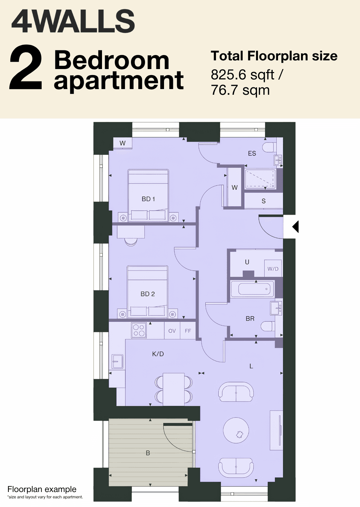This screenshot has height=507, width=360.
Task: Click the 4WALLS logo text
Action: [x=73, y=21]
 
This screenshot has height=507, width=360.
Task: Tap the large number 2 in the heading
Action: [x=26, y=67]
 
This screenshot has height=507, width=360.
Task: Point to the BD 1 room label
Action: [x=148, y=199]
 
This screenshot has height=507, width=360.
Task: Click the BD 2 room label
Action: [x=148, y=294]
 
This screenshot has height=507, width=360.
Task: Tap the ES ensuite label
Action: [x=252, y=153]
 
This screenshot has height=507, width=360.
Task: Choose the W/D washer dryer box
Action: [x=273, y=269]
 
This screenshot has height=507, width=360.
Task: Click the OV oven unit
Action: [x=172, y=331]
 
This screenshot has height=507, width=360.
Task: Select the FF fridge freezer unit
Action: [x=188, y=331]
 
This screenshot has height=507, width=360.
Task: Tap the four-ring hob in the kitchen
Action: [x=139, y=330]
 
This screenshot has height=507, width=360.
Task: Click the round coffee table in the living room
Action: [x=236, y=430]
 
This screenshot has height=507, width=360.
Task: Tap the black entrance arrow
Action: [x=295, y=226]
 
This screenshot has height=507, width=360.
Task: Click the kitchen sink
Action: [x=118, y=362]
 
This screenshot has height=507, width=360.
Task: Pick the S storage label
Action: [x=263, y=201]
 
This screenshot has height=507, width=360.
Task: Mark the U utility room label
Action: [x=247, y=262]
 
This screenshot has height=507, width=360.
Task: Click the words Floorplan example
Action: [x=42, y=489]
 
